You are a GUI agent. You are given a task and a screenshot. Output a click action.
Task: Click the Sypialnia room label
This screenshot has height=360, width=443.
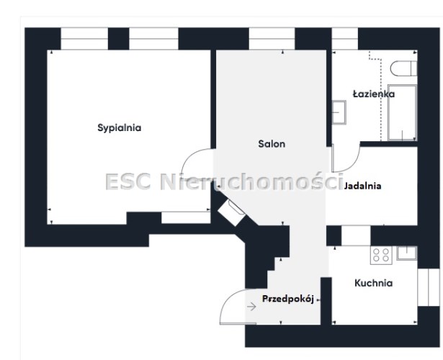point(120,127)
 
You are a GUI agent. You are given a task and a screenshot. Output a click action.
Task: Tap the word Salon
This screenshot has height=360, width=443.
point(272,144)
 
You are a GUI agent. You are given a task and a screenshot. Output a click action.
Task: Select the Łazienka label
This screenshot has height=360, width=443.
point(374,94)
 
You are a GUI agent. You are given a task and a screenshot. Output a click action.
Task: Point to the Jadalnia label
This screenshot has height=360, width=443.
point(363,186)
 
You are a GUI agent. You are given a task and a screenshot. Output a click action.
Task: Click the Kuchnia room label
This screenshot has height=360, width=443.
point(374,283)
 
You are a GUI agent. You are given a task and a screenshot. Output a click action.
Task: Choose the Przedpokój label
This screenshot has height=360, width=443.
point(288,299)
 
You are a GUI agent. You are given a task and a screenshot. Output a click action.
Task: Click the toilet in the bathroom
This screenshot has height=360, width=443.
point(403,68)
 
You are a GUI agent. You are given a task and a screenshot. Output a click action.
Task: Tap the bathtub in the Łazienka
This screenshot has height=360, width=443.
point(403,112)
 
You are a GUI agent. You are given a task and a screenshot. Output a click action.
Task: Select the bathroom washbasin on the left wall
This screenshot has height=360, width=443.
point(339,112)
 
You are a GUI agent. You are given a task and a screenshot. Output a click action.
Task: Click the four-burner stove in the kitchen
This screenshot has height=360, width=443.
point(381,255)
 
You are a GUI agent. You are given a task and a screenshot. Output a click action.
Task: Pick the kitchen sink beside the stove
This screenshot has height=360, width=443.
point(406,253)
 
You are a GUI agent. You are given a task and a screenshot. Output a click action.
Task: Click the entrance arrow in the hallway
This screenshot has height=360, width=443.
point(251,306)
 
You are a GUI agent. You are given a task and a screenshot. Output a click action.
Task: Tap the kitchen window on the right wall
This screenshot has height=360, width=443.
point(429,287)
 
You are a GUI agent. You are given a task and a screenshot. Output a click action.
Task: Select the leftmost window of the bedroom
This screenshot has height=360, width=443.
point(84,39)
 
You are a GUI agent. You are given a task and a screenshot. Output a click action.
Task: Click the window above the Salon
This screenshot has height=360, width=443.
point(272,39)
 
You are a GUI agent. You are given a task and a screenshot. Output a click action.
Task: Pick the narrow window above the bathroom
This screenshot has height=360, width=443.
point(345,39)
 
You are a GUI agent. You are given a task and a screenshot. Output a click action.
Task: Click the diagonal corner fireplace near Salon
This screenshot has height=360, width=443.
point(232,212)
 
